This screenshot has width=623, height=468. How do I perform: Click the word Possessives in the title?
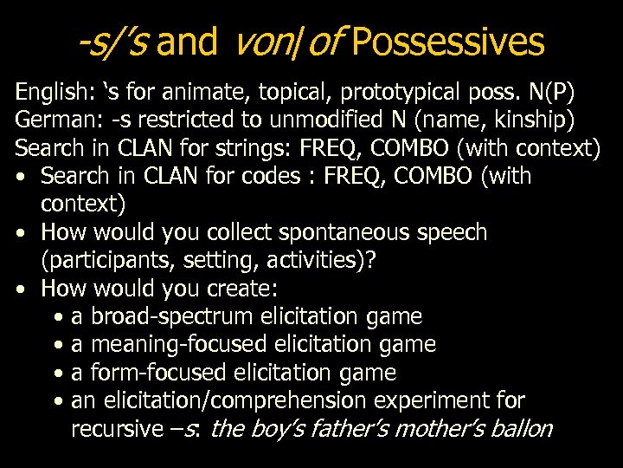[x=448, y=41]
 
